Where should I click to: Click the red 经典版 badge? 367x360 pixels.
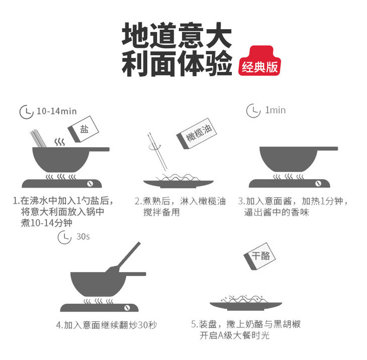tap(259, 61)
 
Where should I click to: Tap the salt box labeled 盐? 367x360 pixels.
tap(83, 129)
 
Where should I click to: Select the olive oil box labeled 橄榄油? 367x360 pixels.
tap(197, 133)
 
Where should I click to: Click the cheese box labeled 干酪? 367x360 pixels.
tap(259, 256)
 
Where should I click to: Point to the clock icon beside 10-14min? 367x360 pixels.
tap(27, 112)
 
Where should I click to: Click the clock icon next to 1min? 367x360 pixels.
tap(253, 111)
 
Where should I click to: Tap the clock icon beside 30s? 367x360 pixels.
tap(64, 237)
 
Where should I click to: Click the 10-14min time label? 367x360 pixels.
tap(57, 112)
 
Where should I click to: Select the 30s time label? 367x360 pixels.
tap(83, 237)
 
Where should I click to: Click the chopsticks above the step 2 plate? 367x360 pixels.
tap(157, 152)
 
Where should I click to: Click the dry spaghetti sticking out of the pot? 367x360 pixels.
tap(38, 138)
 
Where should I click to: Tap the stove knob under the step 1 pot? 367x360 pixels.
tap(90, 184)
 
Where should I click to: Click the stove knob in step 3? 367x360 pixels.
tap(318, 184)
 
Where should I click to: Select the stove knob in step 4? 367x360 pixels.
tap(127, 308)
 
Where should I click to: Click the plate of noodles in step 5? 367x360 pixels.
tap(246, 303)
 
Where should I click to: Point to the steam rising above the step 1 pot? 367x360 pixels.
tap(60, 142)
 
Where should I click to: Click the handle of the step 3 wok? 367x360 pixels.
tap(328, 149)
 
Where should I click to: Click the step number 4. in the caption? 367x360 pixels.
tap(60, 326)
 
